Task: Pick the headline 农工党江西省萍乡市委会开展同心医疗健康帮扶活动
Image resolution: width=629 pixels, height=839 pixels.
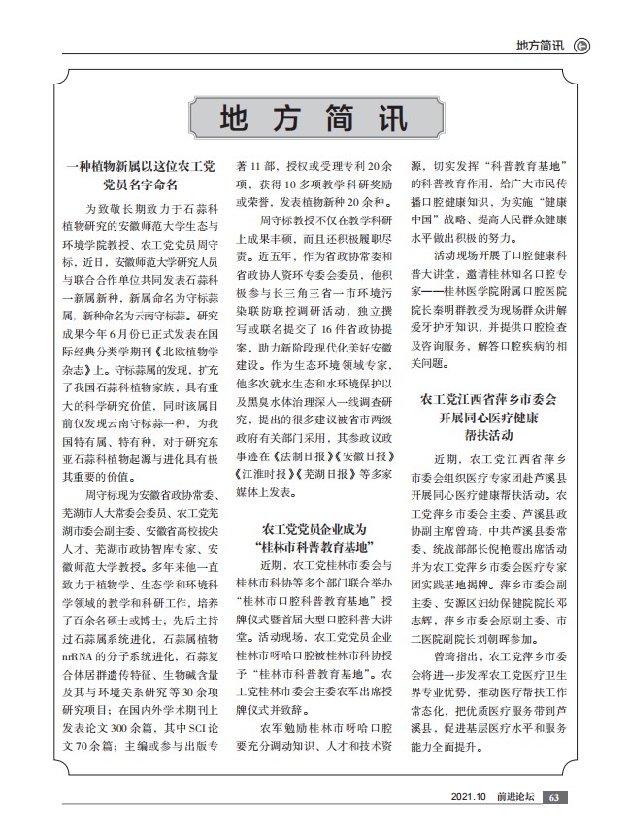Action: (488, 416)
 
